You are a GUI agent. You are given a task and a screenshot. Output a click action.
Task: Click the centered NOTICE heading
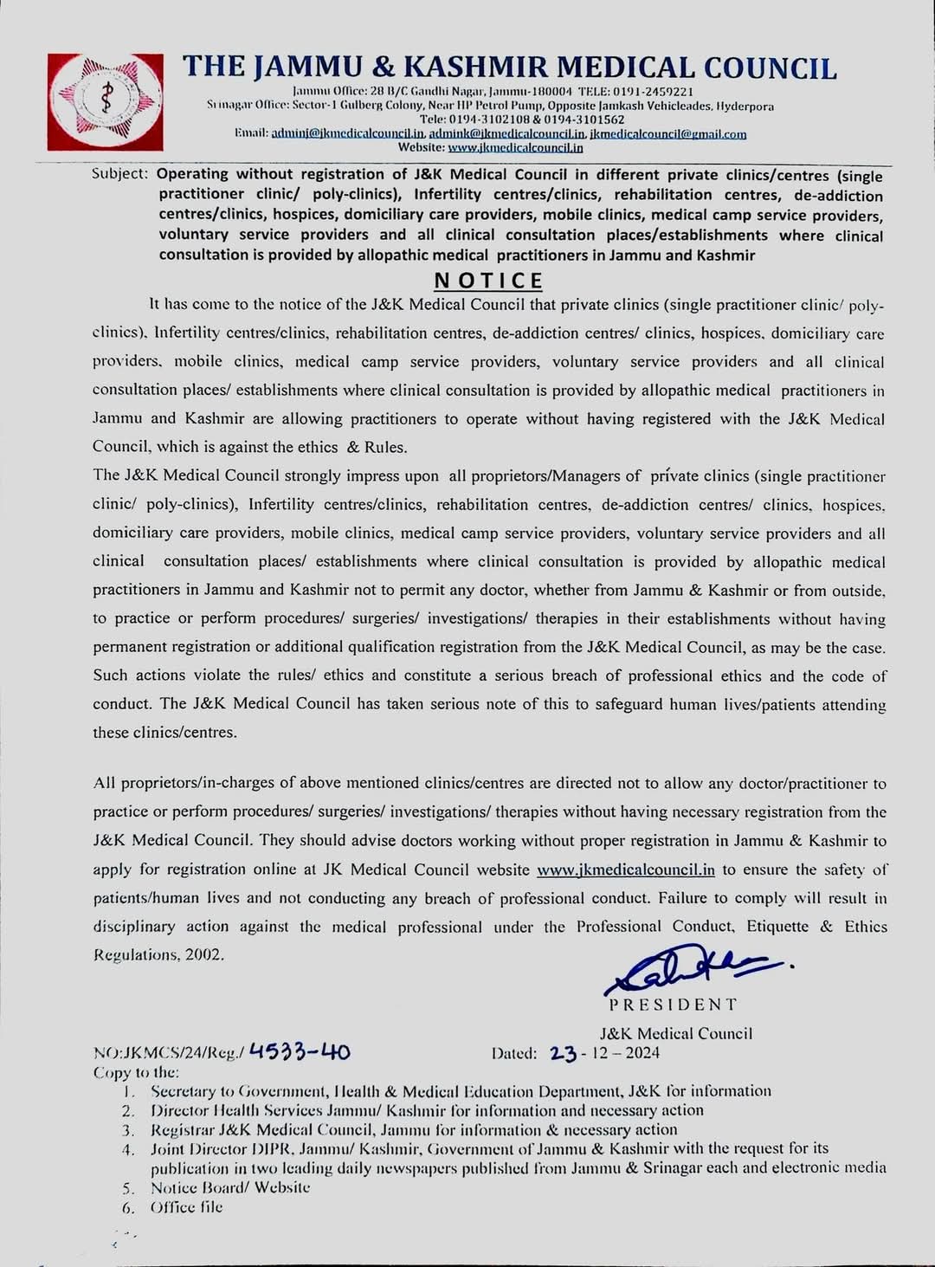488,281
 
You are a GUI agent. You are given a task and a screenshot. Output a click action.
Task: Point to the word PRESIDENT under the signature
673,1005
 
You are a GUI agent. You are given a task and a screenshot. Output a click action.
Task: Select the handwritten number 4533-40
300,1051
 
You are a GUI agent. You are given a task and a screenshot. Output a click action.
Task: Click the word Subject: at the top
120,174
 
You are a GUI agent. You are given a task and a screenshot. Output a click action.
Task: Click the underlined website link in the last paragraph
625,869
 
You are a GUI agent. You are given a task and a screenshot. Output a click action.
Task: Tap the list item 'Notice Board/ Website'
230,1187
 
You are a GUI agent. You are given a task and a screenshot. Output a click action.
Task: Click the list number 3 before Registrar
127,1130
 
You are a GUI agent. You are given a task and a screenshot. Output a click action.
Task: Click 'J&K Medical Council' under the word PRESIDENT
676,1033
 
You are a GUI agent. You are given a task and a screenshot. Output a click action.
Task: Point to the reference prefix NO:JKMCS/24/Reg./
169,1053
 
